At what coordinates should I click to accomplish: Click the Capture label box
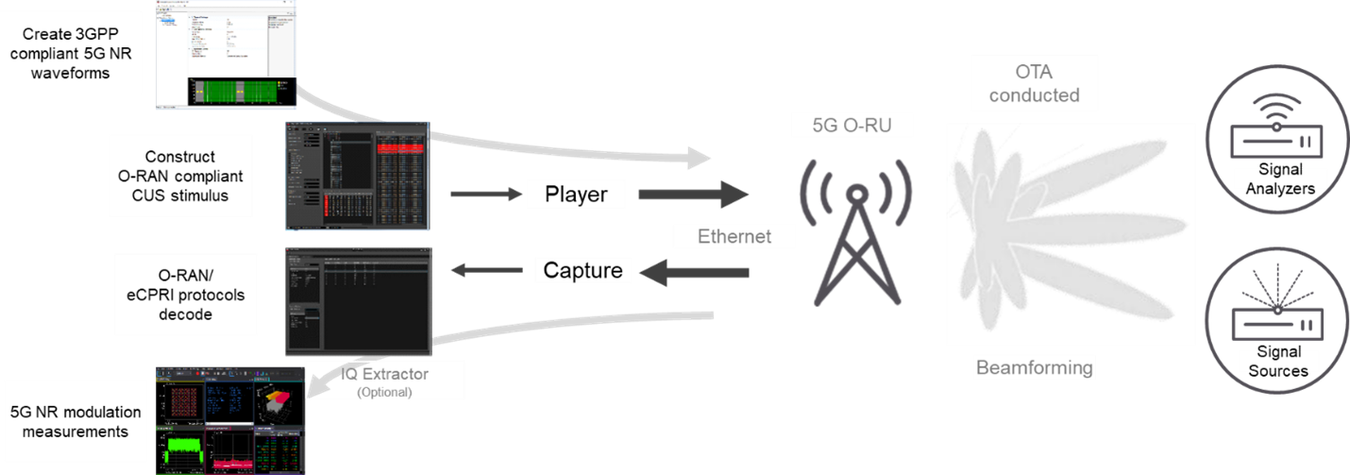click(582, 271)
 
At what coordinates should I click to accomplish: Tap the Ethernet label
click(734, 236)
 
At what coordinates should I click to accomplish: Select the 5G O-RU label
click(853, 124)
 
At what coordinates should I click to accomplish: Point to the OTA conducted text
click(1034, 84)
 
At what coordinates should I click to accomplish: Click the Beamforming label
click(1034, 367)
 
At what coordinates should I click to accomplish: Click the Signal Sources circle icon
click(1275, 320)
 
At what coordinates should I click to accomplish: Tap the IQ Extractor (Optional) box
click(384, 380)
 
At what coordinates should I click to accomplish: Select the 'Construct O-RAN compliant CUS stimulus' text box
click(180, 177)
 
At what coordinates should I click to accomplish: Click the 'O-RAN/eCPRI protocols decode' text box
click(186, 294)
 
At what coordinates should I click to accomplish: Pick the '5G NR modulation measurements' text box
click(76, 421)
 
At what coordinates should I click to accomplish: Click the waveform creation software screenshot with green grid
click(228, 54)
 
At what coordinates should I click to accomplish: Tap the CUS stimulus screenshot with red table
click(358, 176)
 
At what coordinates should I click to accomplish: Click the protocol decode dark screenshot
click(358, 301)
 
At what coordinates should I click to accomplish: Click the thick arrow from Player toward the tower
click(692, 195)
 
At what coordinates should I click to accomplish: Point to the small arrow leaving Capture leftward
click(485, 272)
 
